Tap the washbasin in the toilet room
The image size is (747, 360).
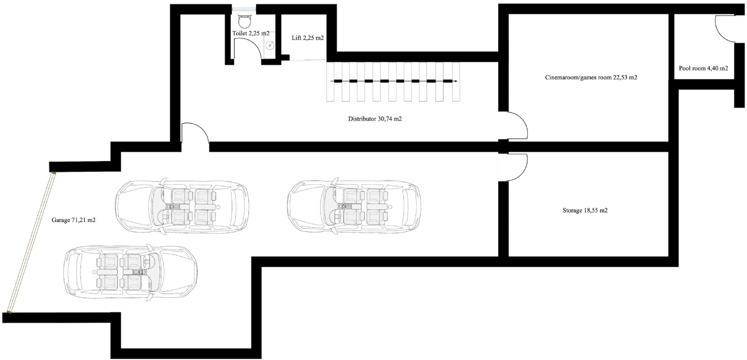(270, 44)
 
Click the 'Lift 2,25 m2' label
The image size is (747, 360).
(307, 38)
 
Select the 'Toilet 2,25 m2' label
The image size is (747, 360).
(251, 33)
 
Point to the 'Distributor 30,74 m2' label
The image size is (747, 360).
(375, 118)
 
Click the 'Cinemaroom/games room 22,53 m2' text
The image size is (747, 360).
(591, 77)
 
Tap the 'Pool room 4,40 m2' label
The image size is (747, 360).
(703, 68)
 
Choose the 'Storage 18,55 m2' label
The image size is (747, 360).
(585, 210)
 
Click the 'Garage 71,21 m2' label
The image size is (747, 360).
(73, 220)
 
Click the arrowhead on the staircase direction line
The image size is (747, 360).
(455, 81)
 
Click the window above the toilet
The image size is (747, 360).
(244, 9)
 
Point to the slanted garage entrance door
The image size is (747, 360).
(31, 242)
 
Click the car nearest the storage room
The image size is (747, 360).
(354, 206)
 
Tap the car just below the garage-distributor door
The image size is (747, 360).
(182, 206)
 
